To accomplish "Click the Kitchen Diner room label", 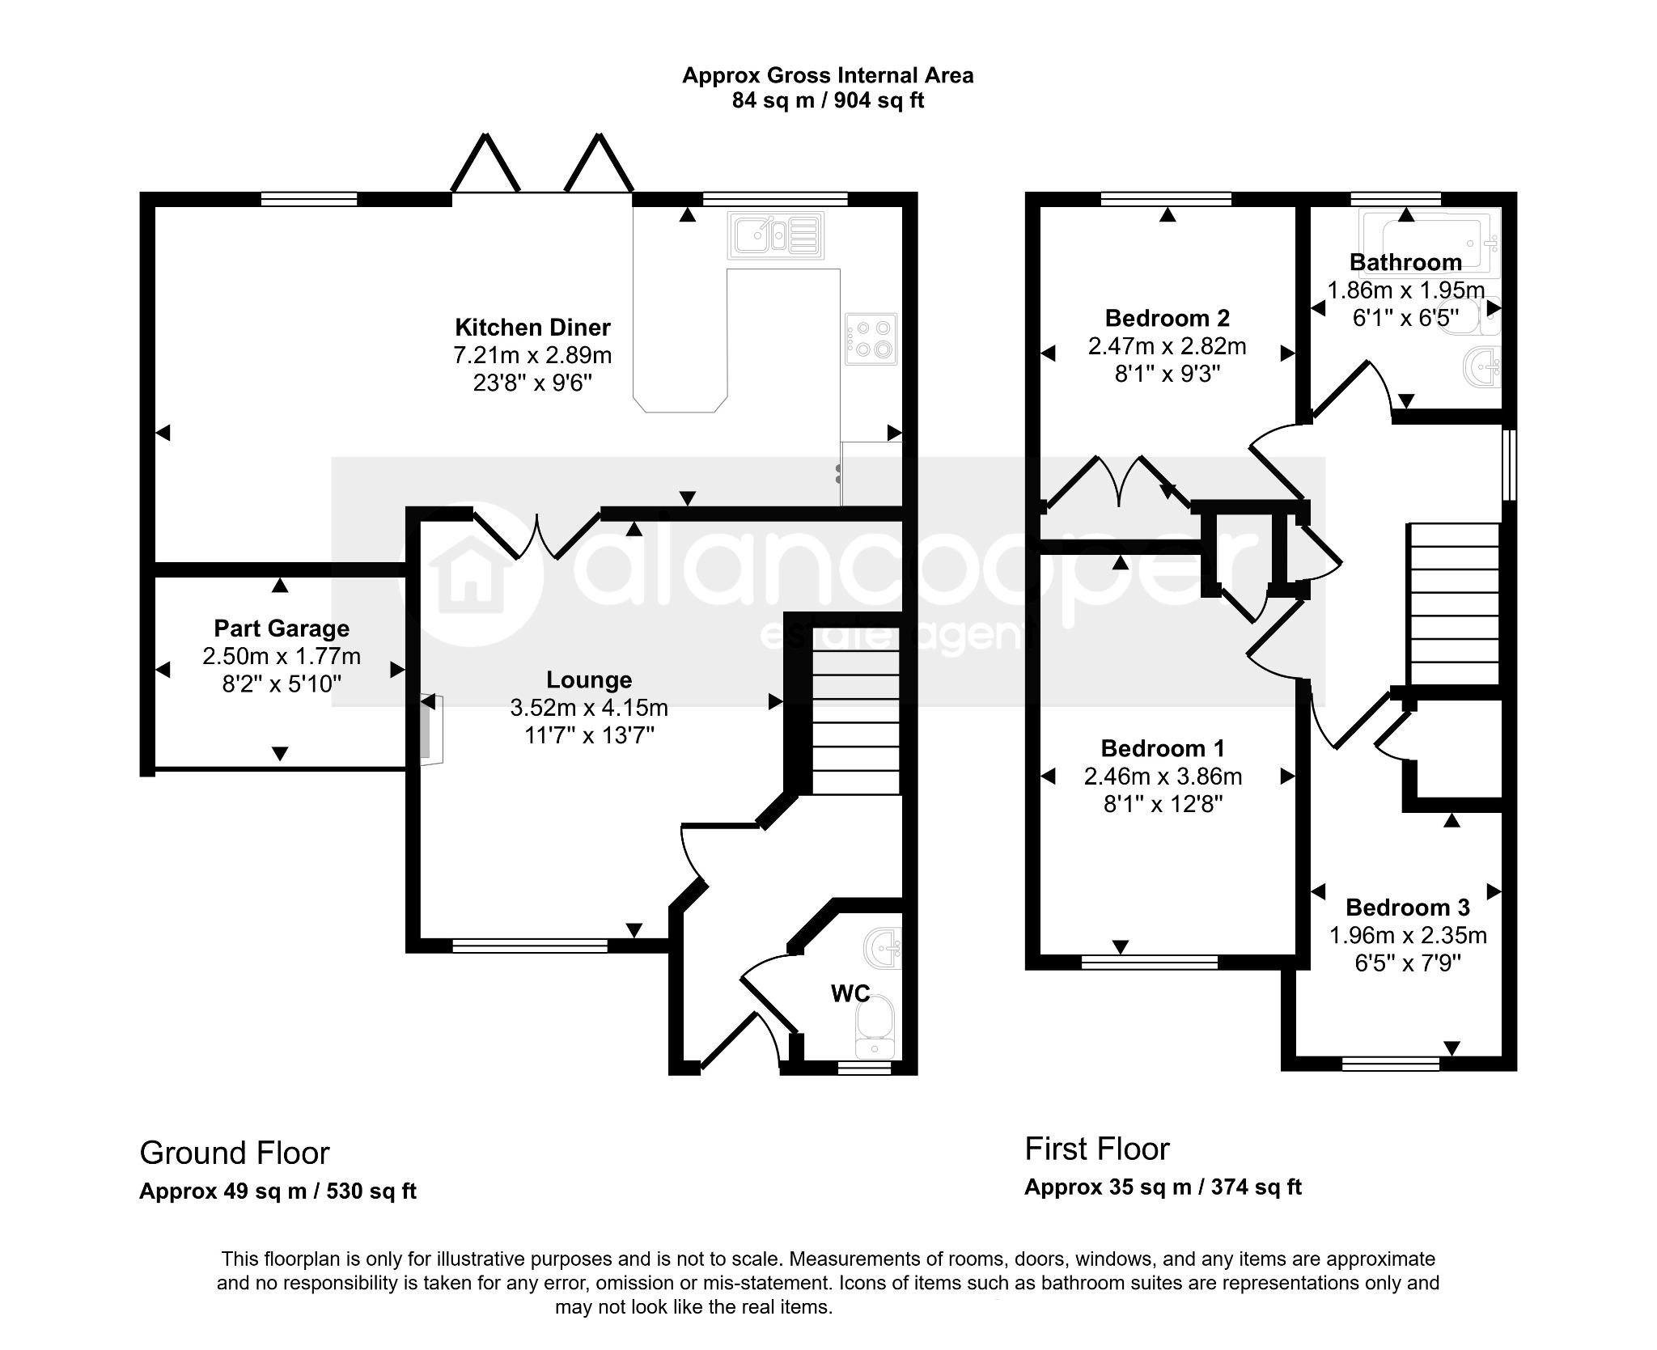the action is [532, 328].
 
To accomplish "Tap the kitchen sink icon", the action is [776, 235].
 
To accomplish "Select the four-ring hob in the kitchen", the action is [871, 339].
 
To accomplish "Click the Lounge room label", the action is [588, 680].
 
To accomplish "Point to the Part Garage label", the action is [282, 628].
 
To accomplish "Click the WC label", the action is [850, 993].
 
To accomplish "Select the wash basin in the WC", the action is [884, 949].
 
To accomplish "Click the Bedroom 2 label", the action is [1167, 318].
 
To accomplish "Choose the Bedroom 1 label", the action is [1163, 748].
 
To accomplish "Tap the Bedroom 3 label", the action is [1408, 908].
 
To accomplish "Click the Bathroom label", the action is [1405, 262].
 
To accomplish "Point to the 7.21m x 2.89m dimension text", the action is [532, 355].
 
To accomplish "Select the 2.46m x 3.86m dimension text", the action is [1163, 777].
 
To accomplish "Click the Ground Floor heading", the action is [235, 1153].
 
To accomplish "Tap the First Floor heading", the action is [1097, 1149].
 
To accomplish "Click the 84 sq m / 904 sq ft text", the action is [828, 100].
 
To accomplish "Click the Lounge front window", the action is [530, 946].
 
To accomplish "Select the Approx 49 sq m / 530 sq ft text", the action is [278, 1191].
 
